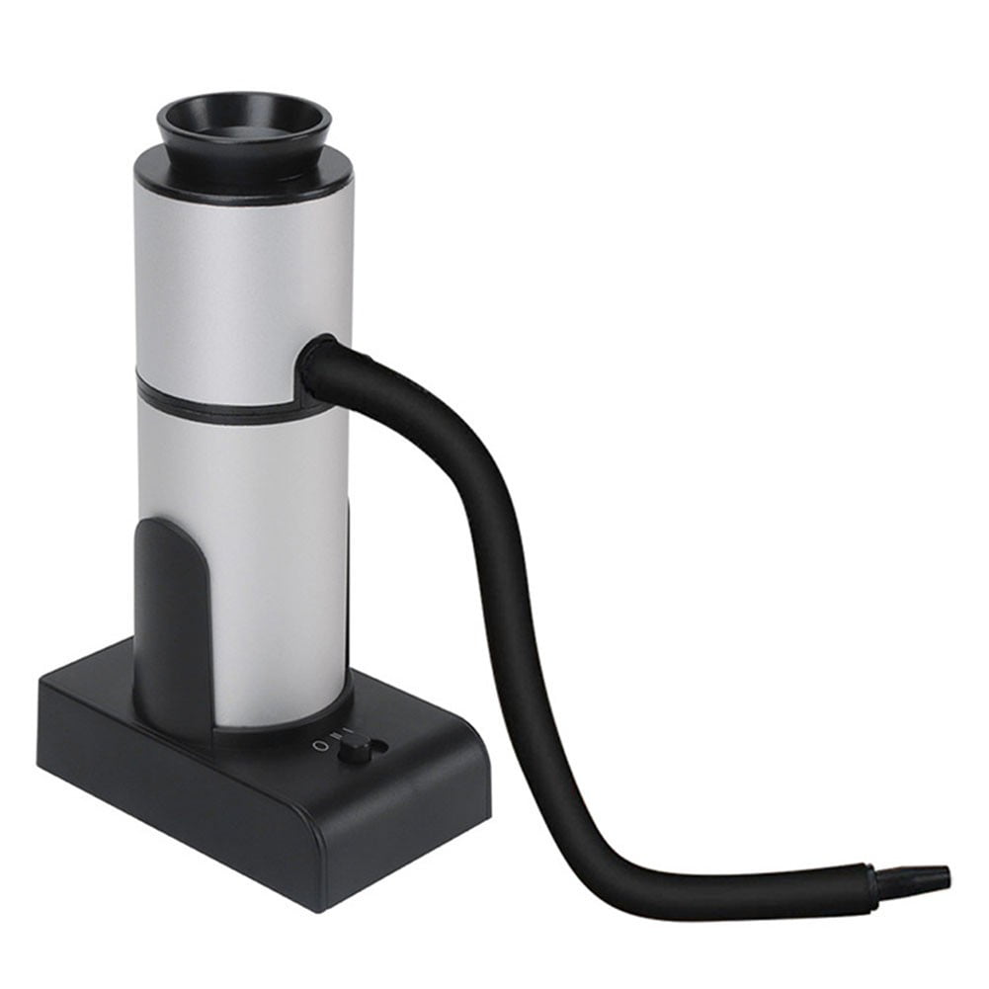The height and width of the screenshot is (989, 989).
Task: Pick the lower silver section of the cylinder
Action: [x=267, y=553]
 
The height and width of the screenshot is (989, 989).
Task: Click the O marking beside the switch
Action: [x=318, y=743]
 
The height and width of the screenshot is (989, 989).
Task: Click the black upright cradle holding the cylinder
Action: [x=168, y=613]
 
